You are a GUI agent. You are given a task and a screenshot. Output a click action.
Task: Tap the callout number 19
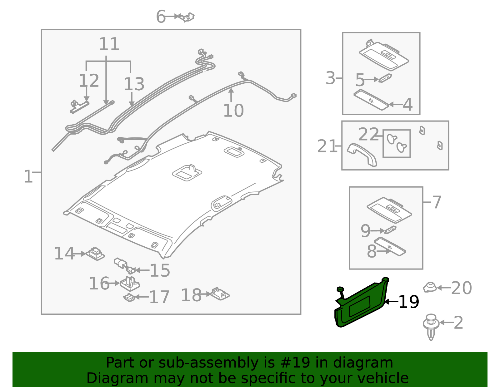(409, 302)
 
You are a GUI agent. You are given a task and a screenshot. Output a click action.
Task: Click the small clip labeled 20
(430, 287)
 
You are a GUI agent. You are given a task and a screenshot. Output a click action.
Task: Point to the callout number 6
(161, 16)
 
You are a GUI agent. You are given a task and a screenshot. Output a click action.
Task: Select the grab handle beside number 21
(362, 155)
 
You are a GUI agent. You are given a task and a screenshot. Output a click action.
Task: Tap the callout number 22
(368, 134)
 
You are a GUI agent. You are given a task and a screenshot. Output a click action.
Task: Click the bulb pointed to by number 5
(385, 78)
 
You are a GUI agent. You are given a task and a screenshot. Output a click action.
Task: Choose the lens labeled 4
(371, 100)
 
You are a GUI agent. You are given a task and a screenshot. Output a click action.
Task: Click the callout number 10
(233, 111)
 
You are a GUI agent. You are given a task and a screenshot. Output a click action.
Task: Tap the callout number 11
(109, 44)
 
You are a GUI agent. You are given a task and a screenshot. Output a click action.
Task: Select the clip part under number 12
(79, 107)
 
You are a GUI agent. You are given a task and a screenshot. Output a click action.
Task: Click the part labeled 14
(95, 254)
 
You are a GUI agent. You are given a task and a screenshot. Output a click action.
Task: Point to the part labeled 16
(130, 284)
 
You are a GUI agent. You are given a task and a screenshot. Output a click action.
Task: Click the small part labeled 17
(129, 297)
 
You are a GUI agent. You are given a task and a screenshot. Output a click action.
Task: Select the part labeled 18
(220, 294)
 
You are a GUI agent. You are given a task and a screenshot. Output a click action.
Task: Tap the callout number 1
(28, 176)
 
